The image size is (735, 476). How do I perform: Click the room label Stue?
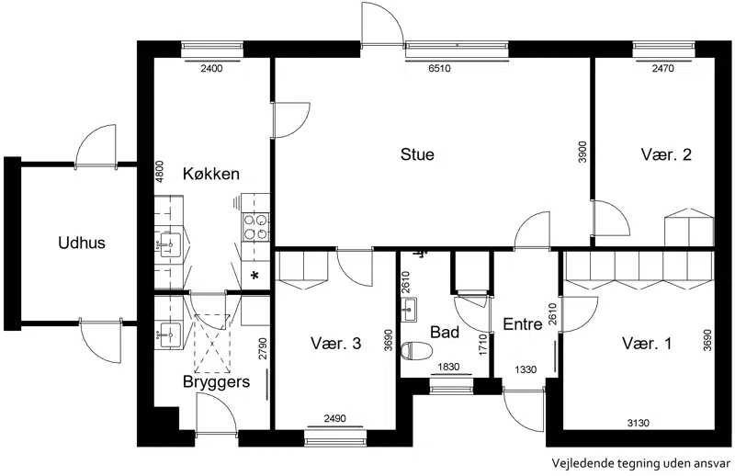click(x=417, y=154)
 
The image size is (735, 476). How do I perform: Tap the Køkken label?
click(x=211, y=174)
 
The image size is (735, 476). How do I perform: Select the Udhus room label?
click(x=82, y=243)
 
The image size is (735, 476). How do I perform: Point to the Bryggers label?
click(x=216, y=382)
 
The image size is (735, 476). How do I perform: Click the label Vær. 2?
click(x=666, y=154)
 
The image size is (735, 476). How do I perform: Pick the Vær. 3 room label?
click(x=335, y=344)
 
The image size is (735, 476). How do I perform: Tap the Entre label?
click(x=523, y=324)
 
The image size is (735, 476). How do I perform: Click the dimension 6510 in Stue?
click(x=439, y=69)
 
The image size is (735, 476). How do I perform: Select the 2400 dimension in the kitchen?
click(x=211, y=69)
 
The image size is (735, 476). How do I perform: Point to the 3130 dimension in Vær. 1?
click(x=639, y=423)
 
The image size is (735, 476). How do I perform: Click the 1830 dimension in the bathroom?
click(x=448, y=368)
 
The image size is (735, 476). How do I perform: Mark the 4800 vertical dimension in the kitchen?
click(x=160, y=172)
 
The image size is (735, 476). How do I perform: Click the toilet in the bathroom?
click(x=417, y=350)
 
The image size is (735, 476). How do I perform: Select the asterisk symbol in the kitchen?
click(x=255, y=276)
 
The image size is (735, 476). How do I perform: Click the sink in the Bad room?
click(x=409, y=310)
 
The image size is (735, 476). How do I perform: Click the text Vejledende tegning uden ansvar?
click(x=640, y=463)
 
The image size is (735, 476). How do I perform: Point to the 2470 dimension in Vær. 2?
click(x=662, y=69)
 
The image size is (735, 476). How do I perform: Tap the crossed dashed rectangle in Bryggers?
click(x=213, y=344)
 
